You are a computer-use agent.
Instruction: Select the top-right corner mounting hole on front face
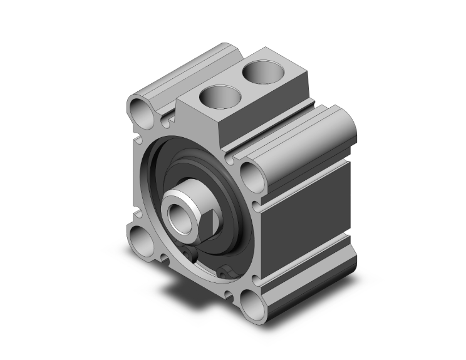pos(252,175)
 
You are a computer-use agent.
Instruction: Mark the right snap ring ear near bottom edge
pos(226,272)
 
